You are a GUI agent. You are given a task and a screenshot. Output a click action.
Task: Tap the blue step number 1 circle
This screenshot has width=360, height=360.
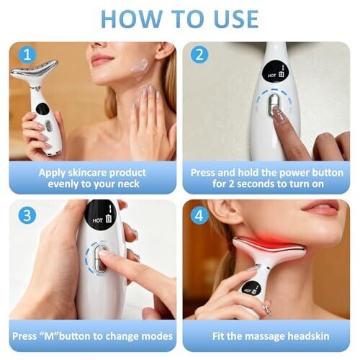click(27, 55)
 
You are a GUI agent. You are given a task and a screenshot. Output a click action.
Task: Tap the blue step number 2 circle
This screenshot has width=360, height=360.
click(199, 55)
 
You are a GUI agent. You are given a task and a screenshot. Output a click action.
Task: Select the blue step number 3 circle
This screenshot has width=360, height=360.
click(27, 215)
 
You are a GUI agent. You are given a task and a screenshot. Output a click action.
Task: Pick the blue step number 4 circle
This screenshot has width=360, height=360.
click(199, 215)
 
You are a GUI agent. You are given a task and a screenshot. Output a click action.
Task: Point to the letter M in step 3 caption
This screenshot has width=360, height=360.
click(50, 336)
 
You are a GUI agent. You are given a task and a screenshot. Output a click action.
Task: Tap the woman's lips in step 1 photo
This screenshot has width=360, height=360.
click(102, 59)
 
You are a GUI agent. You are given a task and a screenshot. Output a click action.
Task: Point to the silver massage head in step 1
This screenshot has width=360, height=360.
click(35, 70)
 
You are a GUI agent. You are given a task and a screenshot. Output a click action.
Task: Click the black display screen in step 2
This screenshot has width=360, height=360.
click(276, 71)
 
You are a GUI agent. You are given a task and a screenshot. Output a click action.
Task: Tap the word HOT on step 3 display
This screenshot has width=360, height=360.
click(97, 220)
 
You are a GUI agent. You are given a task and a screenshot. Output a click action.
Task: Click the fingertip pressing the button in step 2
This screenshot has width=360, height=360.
click(279, 113)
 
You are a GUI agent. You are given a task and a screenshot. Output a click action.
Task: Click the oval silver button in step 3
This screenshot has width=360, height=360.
click(99, 258)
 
